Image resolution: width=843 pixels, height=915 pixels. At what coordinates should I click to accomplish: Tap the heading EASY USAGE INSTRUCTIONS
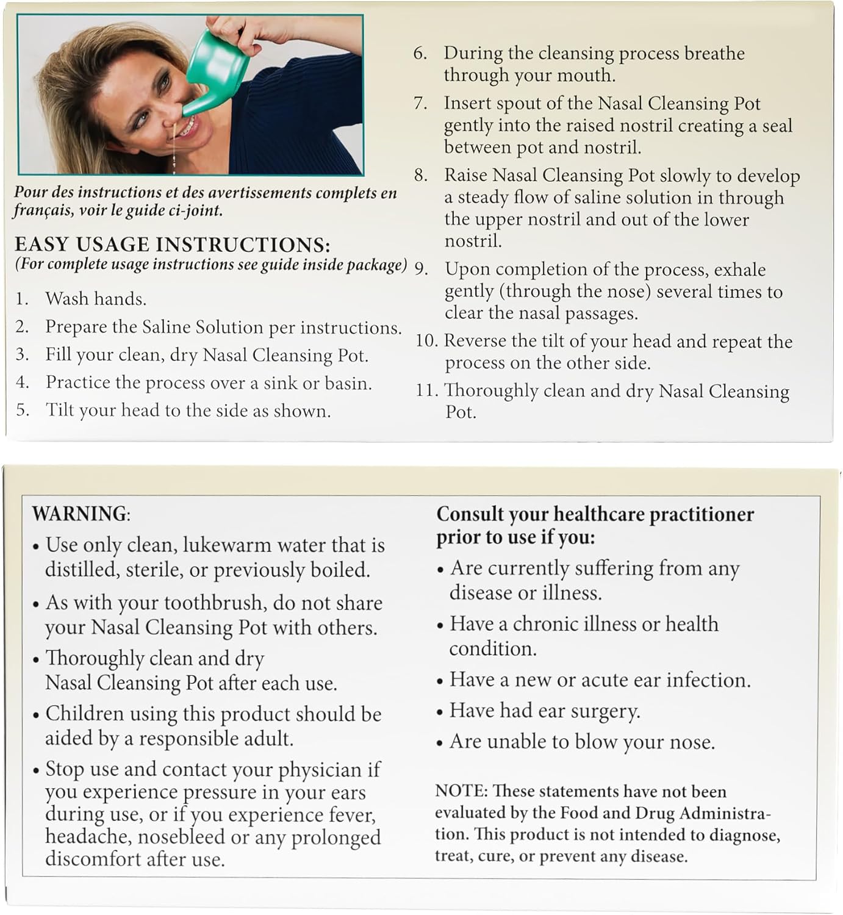pyautogui.click(x=172, y=245)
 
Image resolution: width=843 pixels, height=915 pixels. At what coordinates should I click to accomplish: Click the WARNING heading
pyautogui.click(x=80, y=514)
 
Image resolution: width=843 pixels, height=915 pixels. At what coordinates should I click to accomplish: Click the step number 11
pyautogui.click(x=426, y=390)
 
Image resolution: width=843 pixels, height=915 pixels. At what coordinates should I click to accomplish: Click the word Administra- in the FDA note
pyautogui.click(x=725, y=813)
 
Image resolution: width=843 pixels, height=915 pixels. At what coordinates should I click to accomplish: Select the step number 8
pyautogui.click(x=420, y=176)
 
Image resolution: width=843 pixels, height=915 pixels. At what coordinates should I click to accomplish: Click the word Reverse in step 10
pyautogui.click(x=475, y=341)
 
